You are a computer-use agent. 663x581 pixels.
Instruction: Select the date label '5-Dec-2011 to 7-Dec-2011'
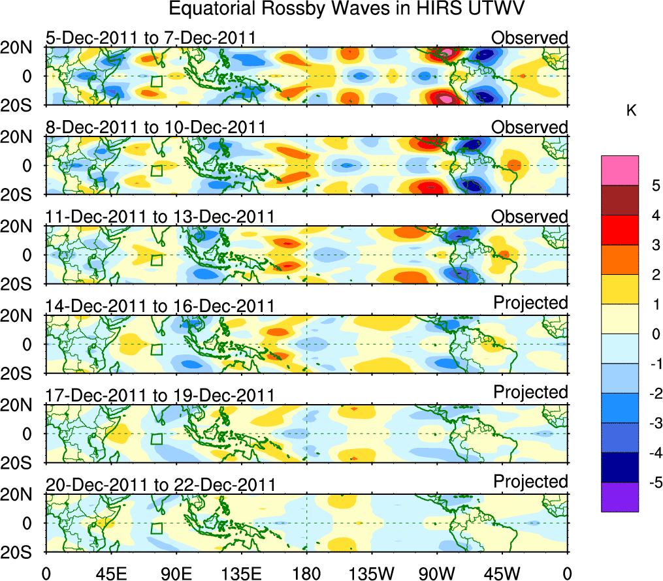click(x=150, y=37)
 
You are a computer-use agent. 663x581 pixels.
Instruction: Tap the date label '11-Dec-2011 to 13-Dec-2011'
click(x=160, y=216)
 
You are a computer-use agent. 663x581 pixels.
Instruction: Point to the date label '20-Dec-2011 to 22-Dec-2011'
click(x=160, y=484)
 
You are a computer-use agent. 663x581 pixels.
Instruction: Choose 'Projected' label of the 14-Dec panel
click(x=530, y=303)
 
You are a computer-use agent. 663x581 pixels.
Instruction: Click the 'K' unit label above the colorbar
click(x=631, y=111)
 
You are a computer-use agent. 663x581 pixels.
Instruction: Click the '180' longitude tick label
click(x=307, y=573)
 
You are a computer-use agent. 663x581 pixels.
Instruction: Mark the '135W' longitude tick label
click(x=372, y=573)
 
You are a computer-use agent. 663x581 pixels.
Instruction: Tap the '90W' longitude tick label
click(x=438, y=573)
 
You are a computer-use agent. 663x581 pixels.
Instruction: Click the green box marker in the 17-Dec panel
click(x=156, y=438)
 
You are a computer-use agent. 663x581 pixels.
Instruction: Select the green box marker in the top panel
click(x=156, y=81)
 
